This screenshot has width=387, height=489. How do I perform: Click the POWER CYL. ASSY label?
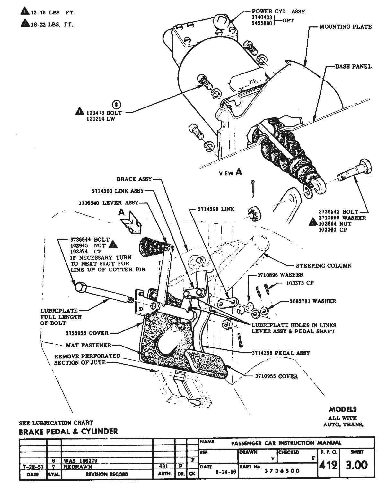click(x=278, y=11)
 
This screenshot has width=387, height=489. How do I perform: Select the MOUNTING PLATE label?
click(x=345, y=27)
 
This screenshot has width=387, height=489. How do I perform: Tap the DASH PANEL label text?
click(x=353, y=67)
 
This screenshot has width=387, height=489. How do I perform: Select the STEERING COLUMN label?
click(x=323, y=266)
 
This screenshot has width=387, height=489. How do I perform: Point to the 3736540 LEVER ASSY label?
click(x=108, y=203)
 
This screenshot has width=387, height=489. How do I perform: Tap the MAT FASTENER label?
click(x=89, y=345)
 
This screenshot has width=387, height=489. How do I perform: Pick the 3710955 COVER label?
click(x=276, y=376)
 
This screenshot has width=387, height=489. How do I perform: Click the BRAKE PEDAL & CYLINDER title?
click(x=68, y=432)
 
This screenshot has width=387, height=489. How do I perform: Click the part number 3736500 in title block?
click(x=282, y=471)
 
